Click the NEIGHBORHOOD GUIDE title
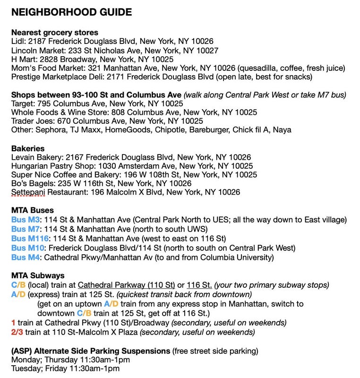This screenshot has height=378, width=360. point(71,12)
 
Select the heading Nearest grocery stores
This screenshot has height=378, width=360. point(55,33)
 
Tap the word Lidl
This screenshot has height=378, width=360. point(18,42)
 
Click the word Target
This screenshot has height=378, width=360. point(23,103)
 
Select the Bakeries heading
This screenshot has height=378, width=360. point(28,148)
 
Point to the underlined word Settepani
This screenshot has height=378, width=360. point(28,193)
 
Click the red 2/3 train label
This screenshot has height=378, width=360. point(17,333)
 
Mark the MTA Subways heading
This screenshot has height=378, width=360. point(38,276)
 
